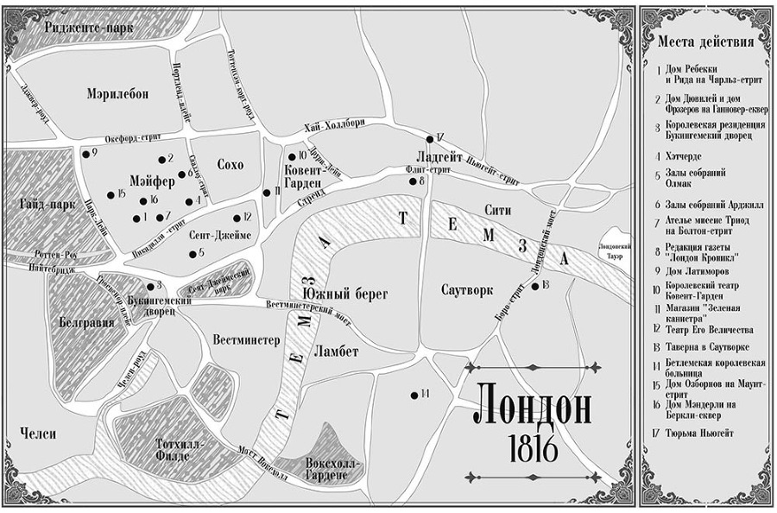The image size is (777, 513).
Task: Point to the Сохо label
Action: pos(231,165)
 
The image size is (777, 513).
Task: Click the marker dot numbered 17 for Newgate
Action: pos(429,139)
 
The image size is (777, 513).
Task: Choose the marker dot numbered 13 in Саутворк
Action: pos(535,286)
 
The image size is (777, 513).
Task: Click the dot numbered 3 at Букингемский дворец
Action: pos(149,286)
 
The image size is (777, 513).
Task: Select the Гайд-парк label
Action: pos(35,206)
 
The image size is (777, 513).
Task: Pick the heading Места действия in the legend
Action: pos(704,41)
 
